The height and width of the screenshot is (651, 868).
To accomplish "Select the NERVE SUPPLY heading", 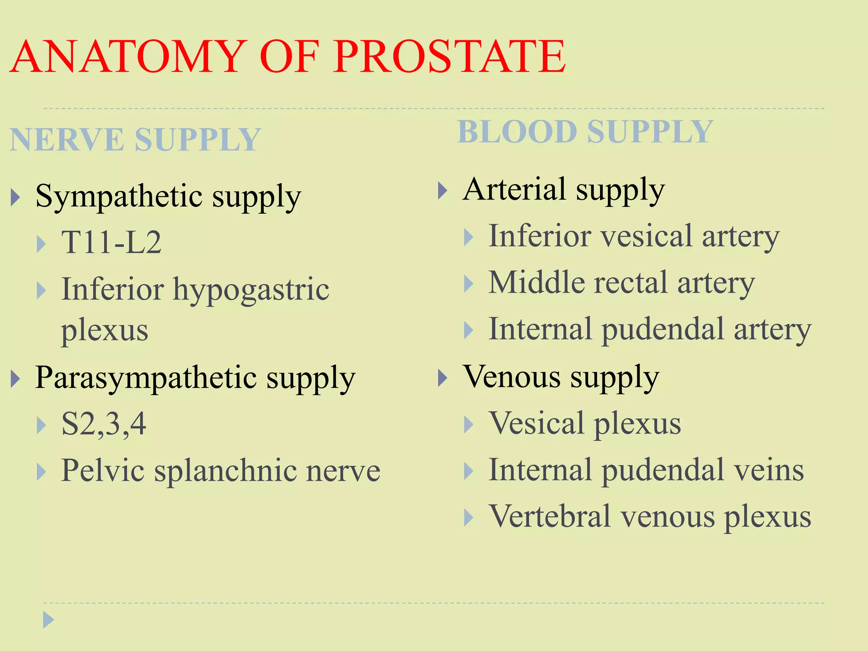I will pyautogui.click(x=135, y=139).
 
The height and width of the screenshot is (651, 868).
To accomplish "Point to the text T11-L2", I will pyautogui.click(x=111, y=242).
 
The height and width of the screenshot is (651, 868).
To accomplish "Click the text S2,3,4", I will pyautogui.click(x=104, y=424).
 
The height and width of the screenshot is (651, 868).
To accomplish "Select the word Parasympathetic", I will pyautogui.click(x=146, y=378).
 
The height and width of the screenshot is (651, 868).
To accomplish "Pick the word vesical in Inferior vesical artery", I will pyautogui.click(x=647, y=236).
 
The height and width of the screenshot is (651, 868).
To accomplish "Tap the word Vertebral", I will pyautogui.click(x=550, y=517).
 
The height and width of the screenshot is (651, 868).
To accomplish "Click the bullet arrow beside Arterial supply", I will pyautogui.click(x=442, y=190).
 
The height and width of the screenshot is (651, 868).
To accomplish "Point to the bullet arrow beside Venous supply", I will pyautogui.click(x=442, y=378).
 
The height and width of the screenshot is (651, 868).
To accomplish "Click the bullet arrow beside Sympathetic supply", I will pyautogui.click(x=15, y=197).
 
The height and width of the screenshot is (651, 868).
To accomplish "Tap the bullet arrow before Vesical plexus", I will pyautogui.click(x=468, y=425).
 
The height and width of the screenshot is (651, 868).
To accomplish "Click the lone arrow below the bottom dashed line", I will pyautogui.click(x=48, y=620).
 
